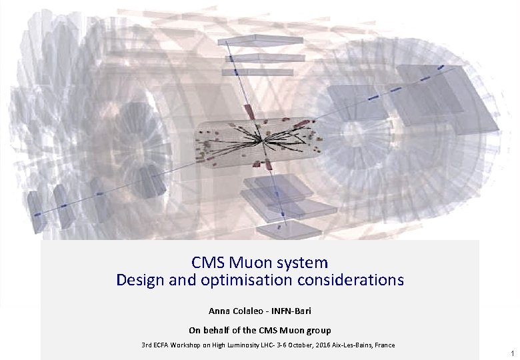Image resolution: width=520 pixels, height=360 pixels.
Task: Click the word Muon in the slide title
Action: click(x=247, y=263)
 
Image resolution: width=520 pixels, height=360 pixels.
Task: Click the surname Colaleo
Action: click(x=251, y=311)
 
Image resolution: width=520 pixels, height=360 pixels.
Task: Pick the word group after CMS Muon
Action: click(x=318, y=330)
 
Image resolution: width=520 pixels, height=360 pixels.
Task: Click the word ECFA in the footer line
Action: click(x=161, y=345)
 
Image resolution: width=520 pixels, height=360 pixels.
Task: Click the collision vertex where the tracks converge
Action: click(x=263, y=141)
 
